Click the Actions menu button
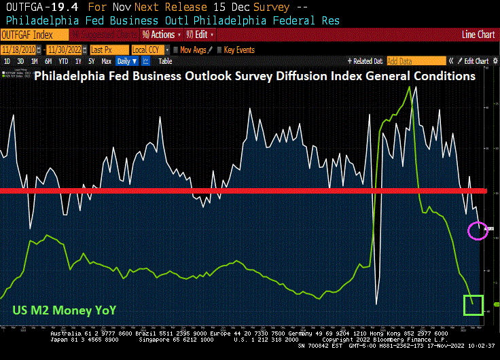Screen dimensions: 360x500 [161, 34]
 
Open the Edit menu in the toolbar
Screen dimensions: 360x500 [201, 34]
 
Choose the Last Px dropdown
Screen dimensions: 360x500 [107, 50]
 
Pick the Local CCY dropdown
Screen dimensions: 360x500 [149, 50]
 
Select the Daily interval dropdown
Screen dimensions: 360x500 [125, 61]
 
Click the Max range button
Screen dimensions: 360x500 [106, 61]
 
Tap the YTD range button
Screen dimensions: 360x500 [65, 61]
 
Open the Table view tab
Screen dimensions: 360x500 [165, 61]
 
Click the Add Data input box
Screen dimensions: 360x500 [416, 61]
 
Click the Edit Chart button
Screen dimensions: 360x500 [476, 61]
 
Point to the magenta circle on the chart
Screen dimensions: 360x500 [478, 230]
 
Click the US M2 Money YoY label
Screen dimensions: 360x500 [64, 310]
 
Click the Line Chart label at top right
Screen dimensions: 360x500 [478, 34]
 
